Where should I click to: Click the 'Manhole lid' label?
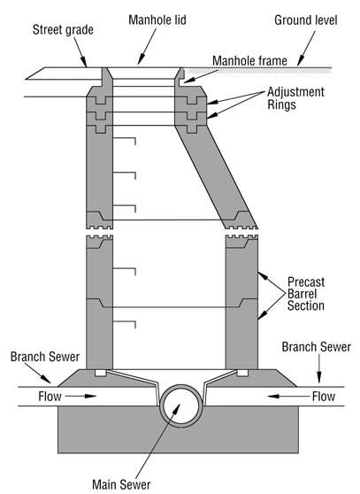tap(157, 20)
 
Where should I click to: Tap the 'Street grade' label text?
tap(63, 30)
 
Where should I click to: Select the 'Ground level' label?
tap(306, 20)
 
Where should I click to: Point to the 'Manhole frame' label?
tap(249, 61)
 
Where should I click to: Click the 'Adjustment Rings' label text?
tap(295, 98)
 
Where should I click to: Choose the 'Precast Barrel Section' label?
tap(306, 294)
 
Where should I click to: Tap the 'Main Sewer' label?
tap(121, 484)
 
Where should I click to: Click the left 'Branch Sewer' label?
tap(45, 357)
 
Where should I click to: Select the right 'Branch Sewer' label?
tap(317, 347)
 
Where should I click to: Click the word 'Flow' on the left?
tap(50, 397)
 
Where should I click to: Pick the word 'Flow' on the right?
tap(324, 397)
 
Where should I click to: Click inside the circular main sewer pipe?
tap(181, 405)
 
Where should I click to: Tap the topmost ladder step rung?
tap(125, 141)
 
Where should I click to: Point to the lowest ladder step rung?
tap(125, 325)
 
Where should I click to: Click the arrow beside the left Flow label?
tap(80, 397)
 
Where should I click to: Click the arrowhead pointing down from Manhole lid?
tap(142, 60)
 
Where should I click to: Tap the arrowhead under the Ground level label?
tap(301, 61)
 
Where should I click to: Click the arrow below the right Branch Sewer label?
tap(319, 369)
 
